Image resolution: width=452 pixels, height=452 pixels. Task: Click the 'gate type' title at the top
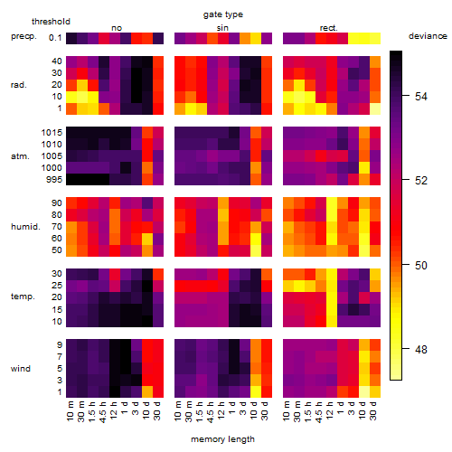(x=223, y=14)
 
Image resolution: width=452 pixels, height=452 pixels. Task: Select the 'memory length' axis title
(x=222, y=439)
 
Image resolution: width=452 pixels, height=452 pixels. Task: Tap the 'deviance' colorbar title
(x=428, y=36)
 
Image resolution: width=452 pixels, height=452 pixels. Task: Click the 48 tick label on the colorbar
(x=421, y=350)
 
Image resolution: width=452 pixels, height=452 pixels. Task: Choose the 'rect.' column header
(x=328, y=28)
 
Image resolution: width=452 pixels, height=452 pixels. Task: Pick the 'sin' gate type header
(x=222, y=28)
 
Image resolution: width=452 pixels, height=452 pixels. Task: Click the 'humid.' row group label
(x=25, y=227)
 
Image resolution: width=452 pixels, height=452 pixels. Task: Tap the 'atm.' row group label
(x=20, y=156)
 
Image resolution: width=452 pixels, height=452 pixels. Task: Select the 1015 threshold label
(x=52, y=133)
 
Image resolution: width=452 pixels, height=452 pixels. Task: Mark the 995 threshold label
(x=54, y=180)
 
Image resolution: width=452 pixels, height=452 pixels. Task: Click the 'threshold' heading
(x=51, y=22)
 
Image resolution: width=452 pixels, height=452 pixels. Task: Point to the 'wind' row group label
(x=21, y=369)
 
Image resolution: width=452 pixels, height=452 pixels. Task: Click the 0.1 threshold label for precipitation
(x=55, y=38)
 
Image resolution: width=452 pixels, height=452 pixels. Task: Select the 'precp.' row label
(x=24, y=36)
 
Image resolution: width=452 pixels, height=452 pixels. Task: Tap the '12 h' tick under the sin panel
(x=221, y=410)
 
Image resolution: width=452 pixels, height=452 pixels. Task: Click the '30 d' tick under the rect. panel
(x=372, y=410)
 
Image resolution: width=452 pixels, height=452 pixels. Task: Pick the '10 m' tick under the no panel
(x=70, y=411)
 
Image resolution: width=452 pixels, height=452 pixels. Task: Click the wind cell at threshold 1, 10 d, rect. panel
(x=364, y=391)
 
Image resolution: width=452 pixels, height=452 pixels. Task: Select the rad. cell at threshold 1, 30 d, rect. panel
(x=375, y=108)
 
